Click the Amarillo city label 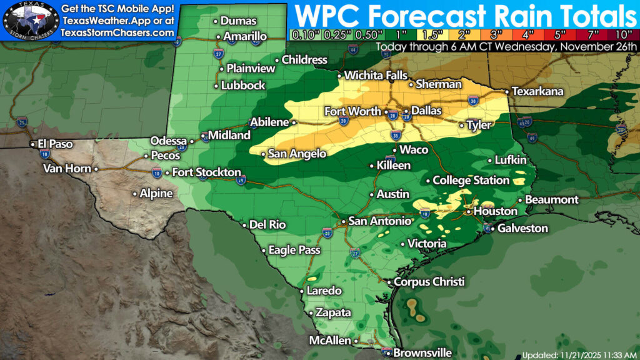point(245,36)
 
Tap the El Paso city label point(56,144)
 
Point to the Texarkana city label point(537,91)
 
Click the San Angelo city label point(297,153)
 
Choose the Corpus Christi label point(430,282)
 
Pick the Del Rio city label point(267,224)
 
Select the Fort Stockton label point(207,172)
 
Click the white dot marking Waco point(396,150)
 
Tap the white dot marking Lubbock point(216,86)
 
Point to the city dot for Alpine point(134,194)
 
